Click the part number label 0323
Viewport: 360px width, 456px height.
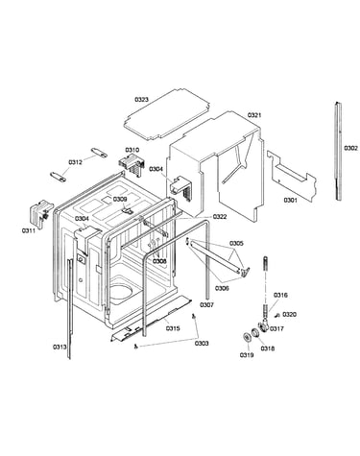click(x=141, y=100)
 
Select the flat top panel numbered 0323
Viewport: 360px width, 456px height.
click(x=167, y=114)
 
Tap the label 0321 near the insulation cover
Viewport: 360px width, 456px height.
click(x=254, y=115)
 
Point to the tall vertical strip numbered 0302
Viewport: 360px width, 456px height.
click(x=338, y=151)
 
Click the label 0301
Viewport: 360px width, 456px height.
click(x=290, y=201)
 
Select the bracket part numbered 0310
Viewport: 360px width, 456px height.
click(x=132, y=164)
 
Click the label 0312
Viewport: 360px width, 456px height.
click(x=75, y=162)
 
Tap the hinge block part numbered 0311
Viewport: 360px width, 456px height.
click(x=40, y=213)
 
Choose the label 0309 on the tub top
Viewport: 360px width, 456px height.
click(x=120, y=199)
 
